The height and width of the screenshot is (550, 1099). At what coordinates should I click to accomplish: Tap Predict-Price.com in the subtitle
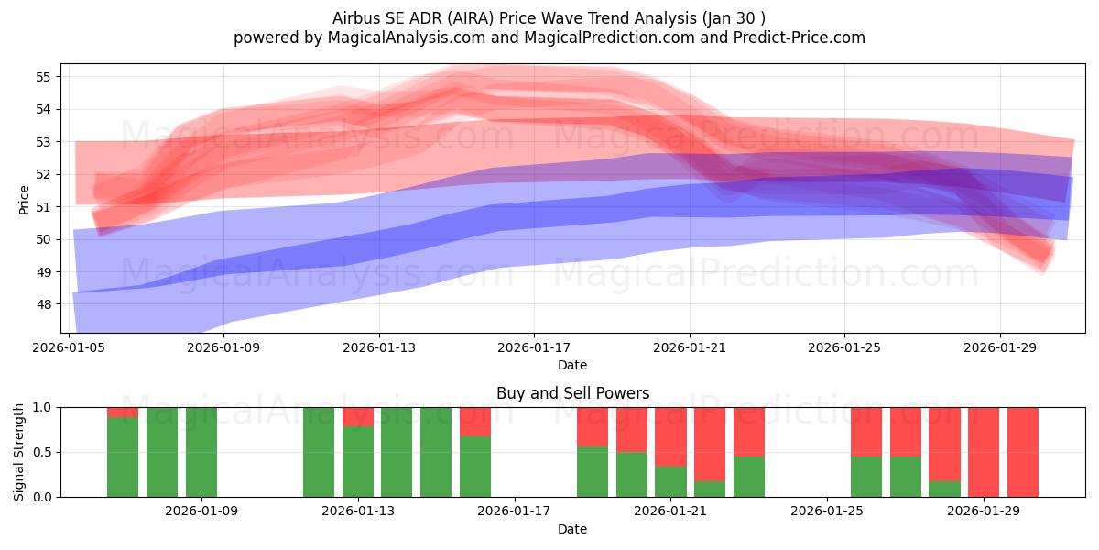pyautogui.click(x=800, y=38)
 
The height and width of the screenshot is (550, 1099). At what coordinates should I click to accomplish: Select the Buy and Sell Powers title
pyautogui.click(x=572, y=393)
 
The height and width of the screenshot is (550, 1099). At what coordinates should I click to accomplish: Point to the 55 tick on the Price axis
pyautogui.click(x=43, y=77)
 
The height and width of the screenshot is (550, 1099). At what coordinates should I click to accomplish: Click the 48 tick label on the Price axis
pyautogui.click(x=43, y=304)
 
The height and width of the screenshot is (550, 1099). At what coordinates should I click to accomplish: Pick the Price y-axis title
pyautogui.click(x=24, y=200)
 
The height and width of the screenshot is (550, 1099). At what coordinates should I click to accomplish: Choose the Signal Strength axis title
pyautogui.click(x=18, y=452)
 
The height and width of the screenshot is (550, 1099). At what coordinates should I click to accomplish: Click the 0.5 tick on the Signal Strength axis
pyautogui.click(x=42, y=452)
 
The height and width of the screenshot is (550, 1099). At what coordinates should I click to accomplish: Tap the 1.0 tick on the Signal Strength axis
pyautogui.click(x=42, y=407)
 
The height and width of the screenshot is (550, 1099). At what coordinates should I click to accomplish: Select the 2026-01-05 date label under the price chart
pyautogui.click(x=69, y=347)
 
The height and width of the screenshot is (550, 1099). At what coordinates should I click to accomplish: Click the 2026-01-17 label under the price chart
pyautogui.click(x=534, y=347)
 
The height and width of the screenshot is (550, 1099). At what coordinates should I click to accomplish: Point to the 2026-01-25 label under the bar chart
pyautogui.click(x=827, y=511)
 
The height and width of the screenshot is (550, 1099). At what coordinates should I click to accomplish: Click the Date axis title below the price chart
pyautogui.click(x=572, y=365)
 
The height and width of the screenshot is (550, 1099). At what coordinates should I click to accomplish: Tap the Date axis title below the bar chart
pyautogui.click(x=572, y=529)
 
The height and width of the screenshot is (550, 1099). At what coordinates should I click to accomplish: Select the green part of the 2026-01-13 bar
pyautogui.click(x=358, y=462)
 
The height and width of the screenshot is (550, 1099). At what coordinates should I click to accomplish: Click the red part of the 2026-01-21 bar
pyautogui.click(x=670, y=436)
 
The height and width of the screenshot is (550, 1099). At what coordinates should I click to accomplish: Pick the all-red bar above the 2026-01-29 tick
pyautogui.click(x=984, y=452)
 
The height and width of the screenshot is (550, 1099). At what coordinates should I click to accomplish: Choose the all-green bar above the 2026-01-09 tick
pyautogui.click(x=201, y=452)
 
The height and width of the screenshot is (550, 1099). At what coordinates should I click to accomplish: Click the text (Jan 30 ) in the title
pyautogui.click(x=734, y=18)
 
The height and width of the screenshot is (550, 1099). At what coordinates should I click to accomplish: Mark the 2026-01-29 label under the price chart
pyautogui.click(x=1000, y=347)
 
